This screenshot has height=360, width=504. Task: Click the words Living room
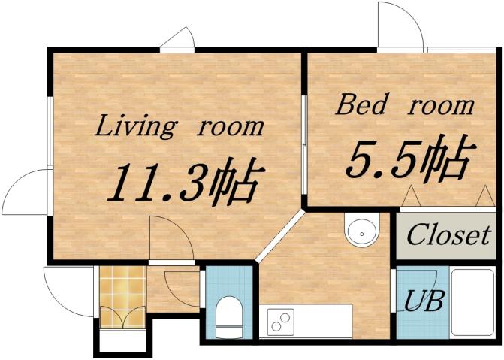[179, 126]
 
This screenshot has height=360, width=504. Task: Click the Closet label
[448, 235]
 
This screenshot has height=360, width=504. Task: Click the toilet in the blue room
[227, 316]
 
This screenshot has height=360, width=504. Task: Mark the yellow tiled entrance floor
[122, 297]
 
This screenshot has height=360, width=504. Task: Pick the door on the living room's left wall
[27, 192]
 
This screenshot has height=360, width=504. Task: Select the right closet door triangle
[483, 197]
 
